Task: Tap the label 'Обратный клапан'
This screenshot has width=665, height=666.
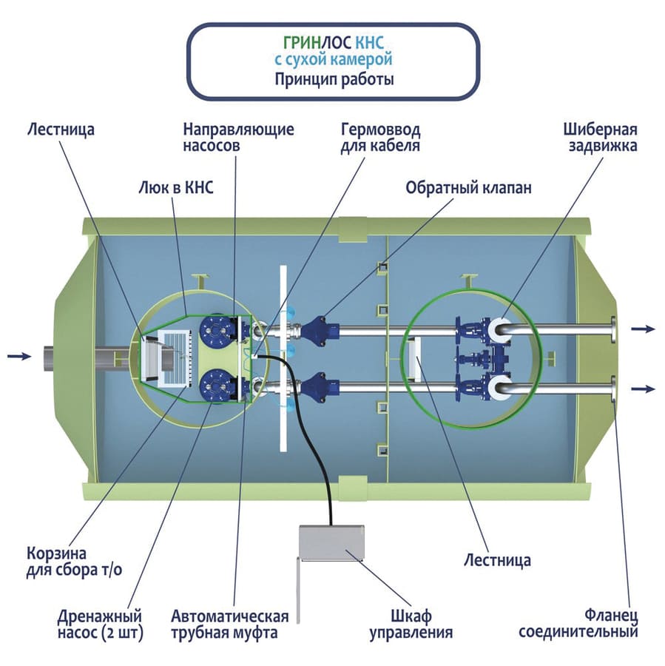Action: point(467,187)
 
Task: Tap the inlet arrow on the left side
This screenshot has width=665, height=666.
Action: point(19,356)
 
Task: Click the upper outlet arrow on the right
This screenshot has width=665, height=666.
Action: point(644,329)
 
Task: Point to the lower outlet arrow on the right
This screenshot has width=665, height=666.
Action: point(644,388)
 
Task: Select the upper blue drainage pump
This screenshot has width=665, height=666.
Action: point(217,329)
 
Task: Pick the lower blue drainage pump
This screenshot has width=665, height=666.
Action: point(217,386)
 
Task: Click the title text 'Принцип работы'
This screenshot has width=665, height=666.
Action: point(334,79)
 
